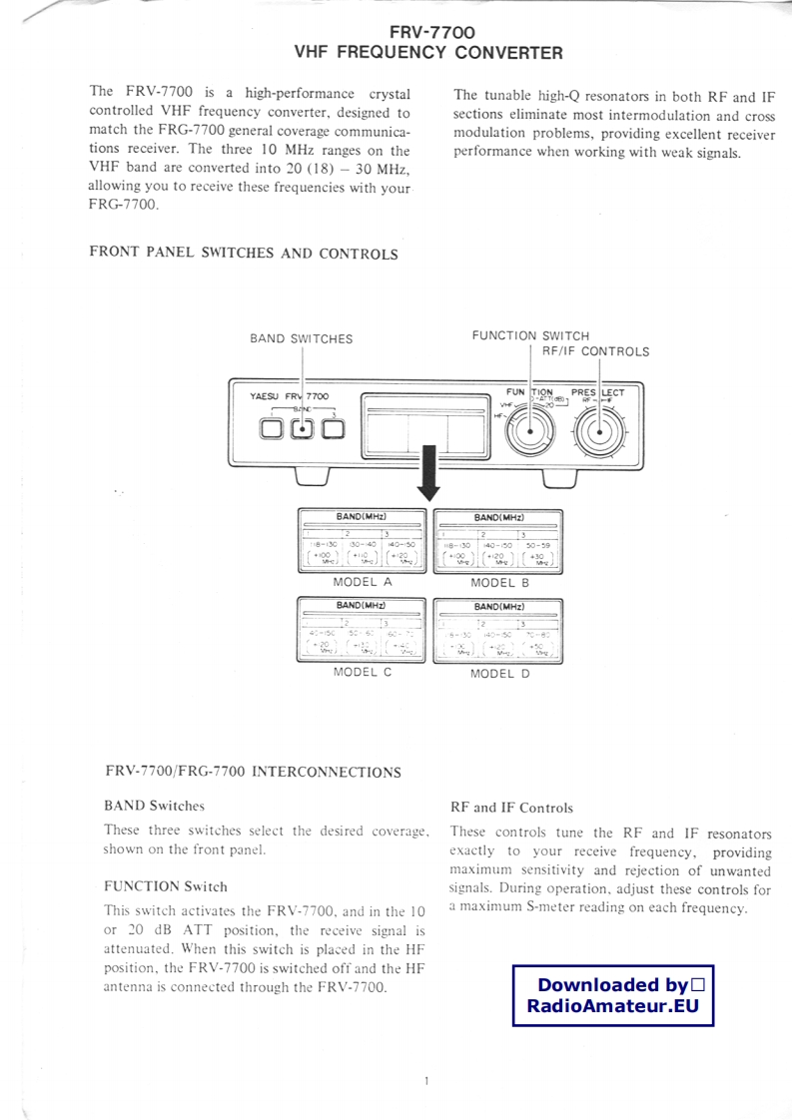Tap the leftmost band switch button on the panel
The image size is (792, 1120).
pos(271,428)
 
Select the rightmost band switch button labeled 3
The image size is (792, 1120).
pos(333,428)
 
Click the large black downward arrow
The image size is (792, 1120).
pos(429,474)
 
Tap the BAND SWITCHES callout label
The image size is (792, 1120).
pos(301,338)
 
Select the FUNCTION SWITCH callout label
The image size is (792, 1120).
pos(530,335)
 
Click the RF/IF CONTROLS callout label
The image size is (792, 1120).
pos(595,351)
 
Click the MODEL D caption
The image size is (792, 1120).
pos(499,673)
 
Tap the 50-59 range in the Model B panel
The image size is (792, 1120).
pos(539,545)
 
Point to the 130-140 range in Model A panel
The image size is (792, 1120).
pos(362,545)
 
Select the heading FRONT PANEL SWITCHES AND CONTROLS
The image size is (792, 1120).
pos(244,253)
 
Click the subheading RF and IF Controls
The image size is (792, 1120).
pos(511,808)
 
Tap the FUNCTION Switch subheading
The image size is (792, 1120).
pos(165,885)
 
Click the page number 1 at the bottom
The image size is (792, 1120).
pos(425,1081)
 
